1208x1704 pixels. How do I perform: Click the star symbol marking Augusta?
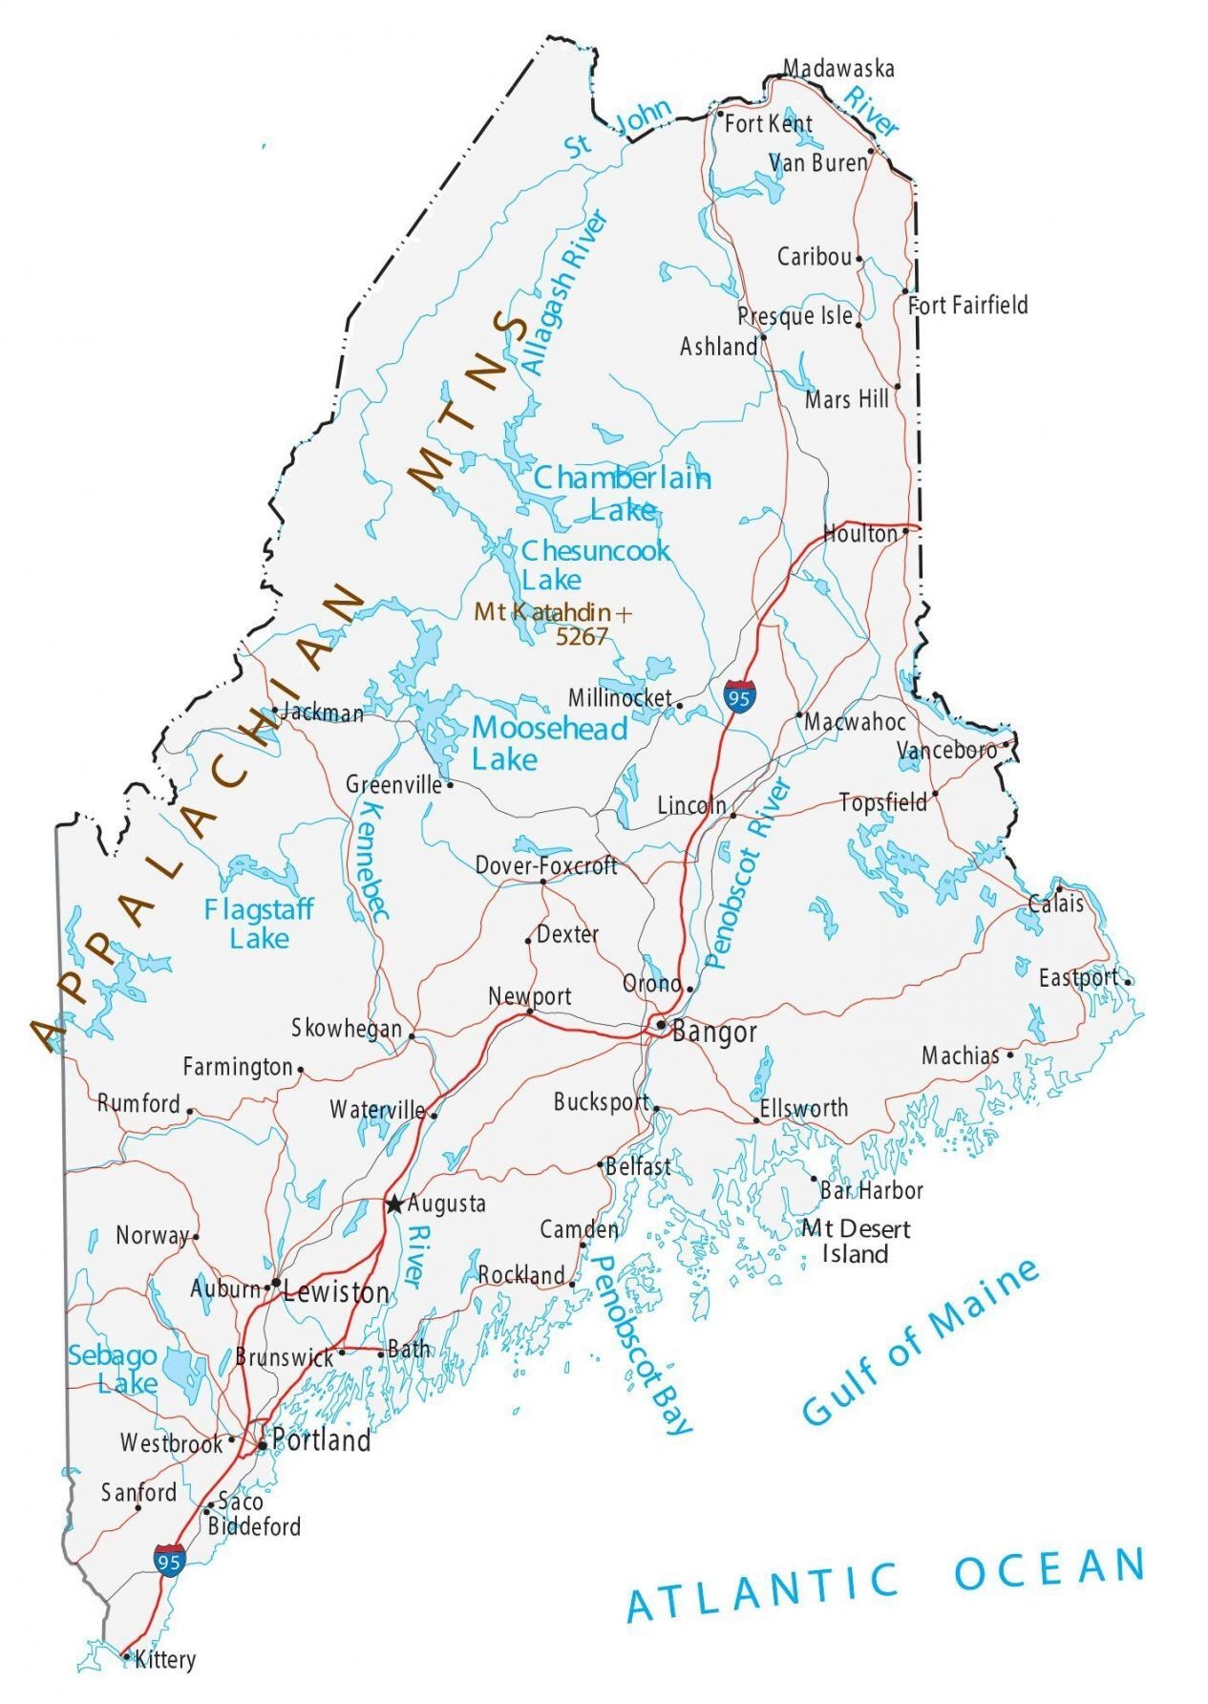coord(393,1204)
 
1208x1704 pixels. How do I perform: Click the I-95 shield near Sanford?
coord(169,1559)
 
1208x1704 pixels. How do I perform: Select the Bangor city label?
coord(714,1032)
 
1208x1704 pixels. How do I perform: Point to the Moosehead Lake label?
coord(548,743)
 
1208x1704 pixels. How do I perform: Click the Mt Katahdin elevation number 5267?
coord(581,637)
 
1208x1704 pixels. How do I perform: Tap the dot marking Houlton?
coord(904,533)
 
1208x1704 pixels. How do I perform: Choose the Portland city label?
coord(321,1440)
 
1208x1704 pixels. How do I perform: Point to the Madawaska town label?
coord(838,68)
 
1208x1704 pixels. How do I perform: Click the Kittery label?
coord(165,1660)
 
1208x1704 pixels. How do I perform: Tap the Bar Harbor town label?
coord(871,1190)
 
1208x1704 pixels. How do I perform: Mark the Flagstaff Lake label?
coord(258,923)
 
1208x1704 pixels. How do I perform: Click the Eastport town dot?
coord(1128,981)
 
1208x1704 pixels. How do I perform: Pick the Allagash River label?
coord(563,292)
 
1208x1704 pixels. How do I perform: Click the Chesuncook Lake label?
coord(594,564)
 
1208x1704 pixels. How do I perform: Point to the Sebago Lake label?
coord(113,1368)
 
